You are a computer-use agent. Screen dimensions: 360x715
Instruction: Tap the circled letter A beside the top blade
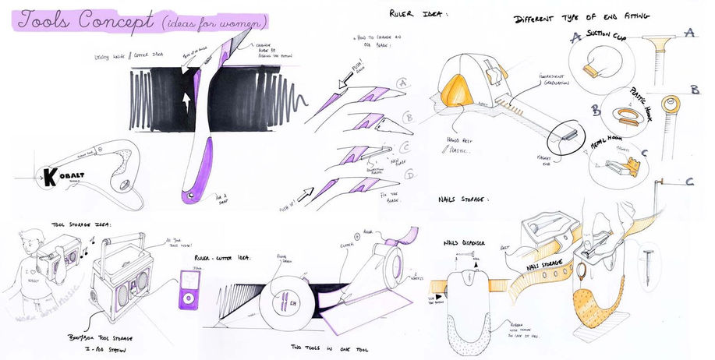pyautogui.click(x=402, y=81)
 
